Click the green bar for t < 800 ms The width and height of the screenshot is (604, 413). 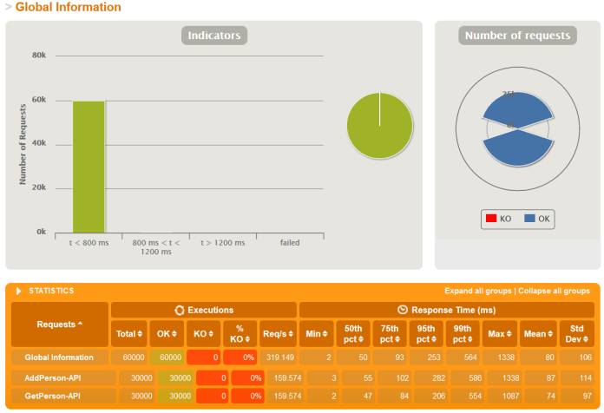(89, 167)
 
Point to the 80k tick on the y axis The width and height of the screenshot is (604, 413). (39, 56)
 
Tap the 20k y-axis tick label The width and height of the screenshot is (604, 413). (39, 188)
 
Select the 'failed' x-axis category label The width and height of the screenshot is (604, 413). (290, 243)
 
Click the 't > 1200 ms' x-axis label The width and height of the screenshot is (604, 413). (223, 243)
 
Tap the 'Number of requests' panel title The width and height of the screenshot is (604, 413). (517, 36)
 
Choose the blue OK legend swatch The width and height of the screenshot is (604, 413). (528, 219)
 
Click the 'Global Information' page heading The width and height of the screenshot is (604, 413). (68, 7)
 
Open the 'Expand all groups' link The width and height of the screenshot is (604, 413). (477, 291)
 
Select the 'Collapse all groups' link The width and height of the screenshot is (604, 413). (555, 291)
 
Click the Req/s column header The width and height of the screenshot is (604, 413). (278, 332)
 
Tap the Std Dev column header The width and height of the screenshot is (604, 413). (576, 332)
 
